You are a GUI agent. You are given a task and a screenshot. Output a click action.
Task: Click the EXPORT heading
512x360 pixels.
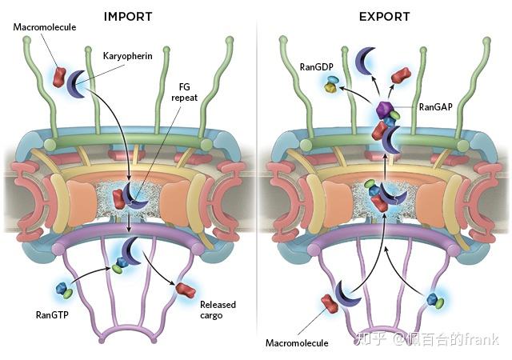(x=384, y=15)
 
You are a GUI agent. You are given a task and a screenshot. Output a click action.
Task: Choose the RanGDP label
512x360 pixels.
(x=318, y=69)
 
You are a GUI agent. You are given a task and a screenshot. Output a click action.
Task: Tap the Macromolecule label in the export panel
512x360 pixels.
(x=298, y=343)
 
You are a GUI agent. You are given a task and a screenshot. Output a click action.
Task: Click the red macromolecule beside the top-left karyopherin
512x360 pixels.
(x=60, y=77)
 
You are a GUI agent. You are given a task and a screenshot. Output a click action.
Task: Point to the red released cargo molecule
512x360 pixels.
(x=186, y=289)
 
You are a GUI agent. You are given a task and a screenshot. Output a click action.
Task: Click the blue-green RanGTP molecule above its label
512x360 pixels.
(x=64, y=290)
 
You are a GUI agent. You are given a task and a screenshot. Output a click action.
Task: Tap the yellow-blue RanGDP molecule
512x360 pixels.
(x=331, y=85)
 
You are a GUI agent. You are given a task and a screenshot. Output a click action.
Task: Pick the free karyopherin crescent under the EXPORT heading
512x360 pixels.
(x=366, y=58)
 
